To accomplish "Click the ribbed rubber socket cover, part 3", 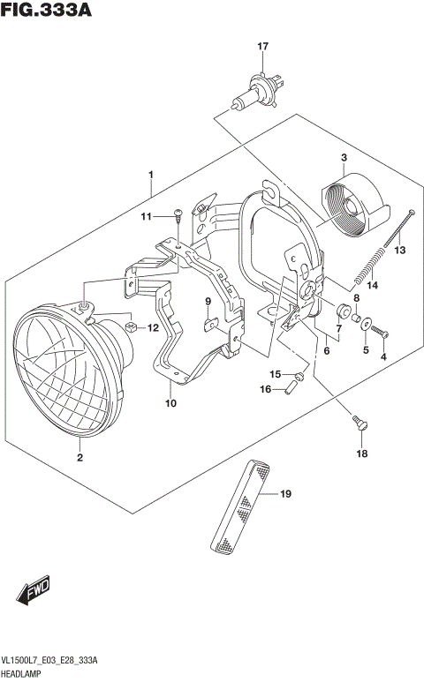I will (x=352, y=210).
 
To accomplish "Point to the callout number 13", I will (x=399, y=251).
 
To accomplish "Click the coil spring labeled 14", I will (x=371, y=263).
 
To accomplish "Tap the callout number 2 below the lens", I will (x=79, y=457).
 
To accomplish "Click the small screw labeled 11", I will (x=178, y=213).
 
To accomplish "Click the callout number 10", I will (x=170, y=403).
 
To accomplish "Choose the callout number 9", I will (x=208, y=302).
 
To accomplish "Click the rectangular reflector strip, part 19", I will (x=247, y=508).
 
